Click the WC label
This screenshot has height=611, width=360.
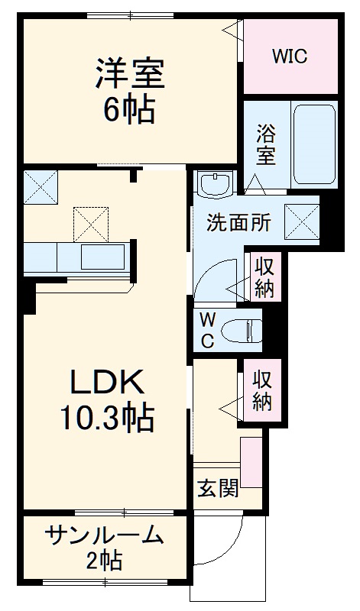click(206, 329)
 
